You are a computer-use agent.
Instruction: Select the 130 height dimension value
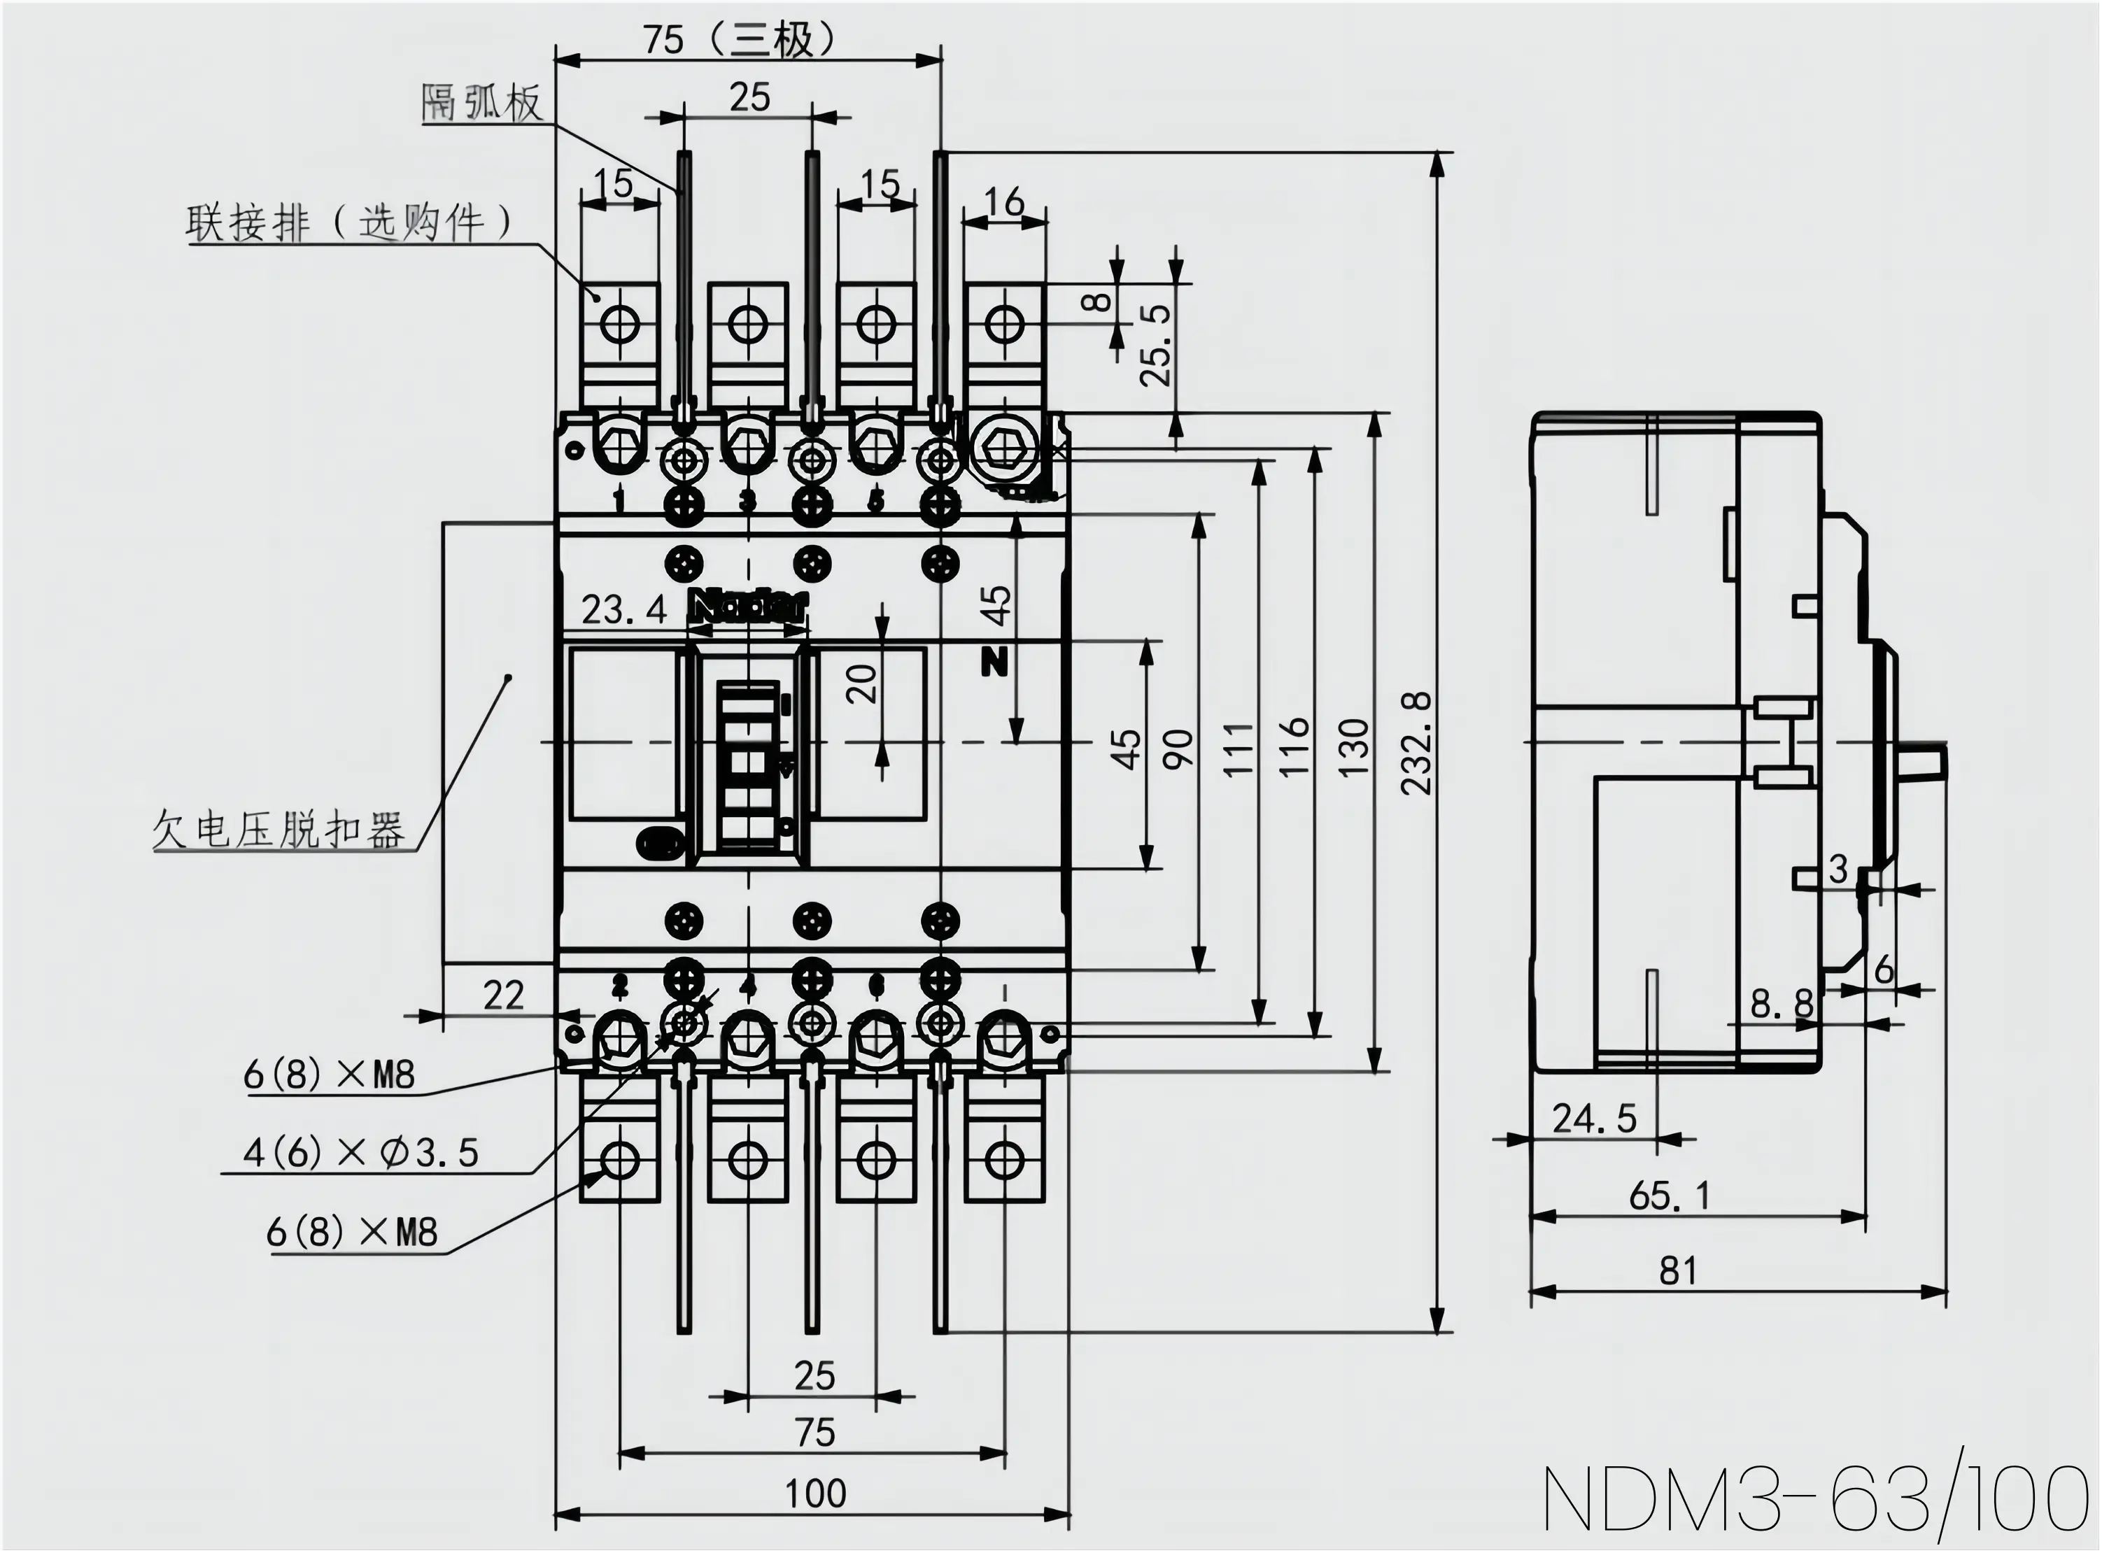click(x=1354, y=746)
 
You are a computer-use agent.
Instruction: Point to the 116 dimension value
click(x=1295, y=746)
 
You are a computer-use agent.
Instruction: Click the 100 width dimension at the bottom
click(x=815, y=1493)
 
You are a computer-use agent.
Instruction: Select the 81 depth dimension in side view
click(x=1678, y=1271)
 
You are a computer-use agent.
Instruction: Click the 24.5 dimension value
click(x=1595, y=1119)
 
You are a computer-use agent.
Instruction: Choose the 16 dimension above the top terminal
click(x=1004, y=201)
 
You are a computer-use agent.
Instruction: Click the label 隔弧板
click(x=482, y=102)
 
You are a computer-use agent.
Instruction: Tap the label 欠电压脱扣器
click(x=279, y=830)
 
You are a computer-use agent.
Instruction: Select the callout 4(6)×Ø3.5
click(x=361, y=1153)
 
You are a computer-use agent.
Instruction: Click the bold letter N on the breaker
click(x=994, y=662)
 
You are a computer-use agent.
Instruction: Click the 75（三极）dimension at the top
click(x=739, y=39)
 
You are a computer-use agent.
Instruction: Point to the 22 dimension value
click(x=504, y=995)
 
